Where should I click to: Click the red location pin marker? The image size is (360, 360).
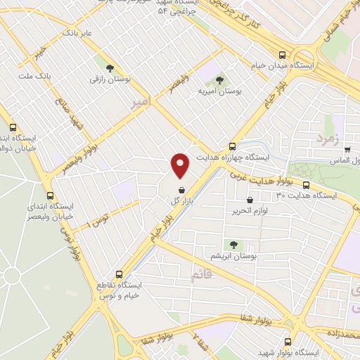181,165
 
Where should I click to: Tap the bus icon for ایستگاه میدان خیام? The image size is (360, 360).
282,55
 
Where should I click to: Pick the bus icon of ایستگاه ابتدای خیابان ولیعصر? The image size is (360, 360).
49,196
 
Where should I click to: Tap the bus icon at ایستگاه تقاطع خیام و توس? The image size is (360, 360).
117,274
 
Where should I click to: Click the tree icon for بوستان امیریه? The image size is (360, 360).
219,80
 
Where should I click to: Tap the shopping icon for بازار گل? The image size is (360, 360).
181,190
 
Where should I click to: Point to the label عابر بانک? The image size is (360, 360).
77,33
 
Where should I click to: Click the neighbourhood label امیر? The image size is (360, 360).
140,103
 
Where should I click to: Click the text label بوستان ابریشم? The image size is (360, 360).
228,257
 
